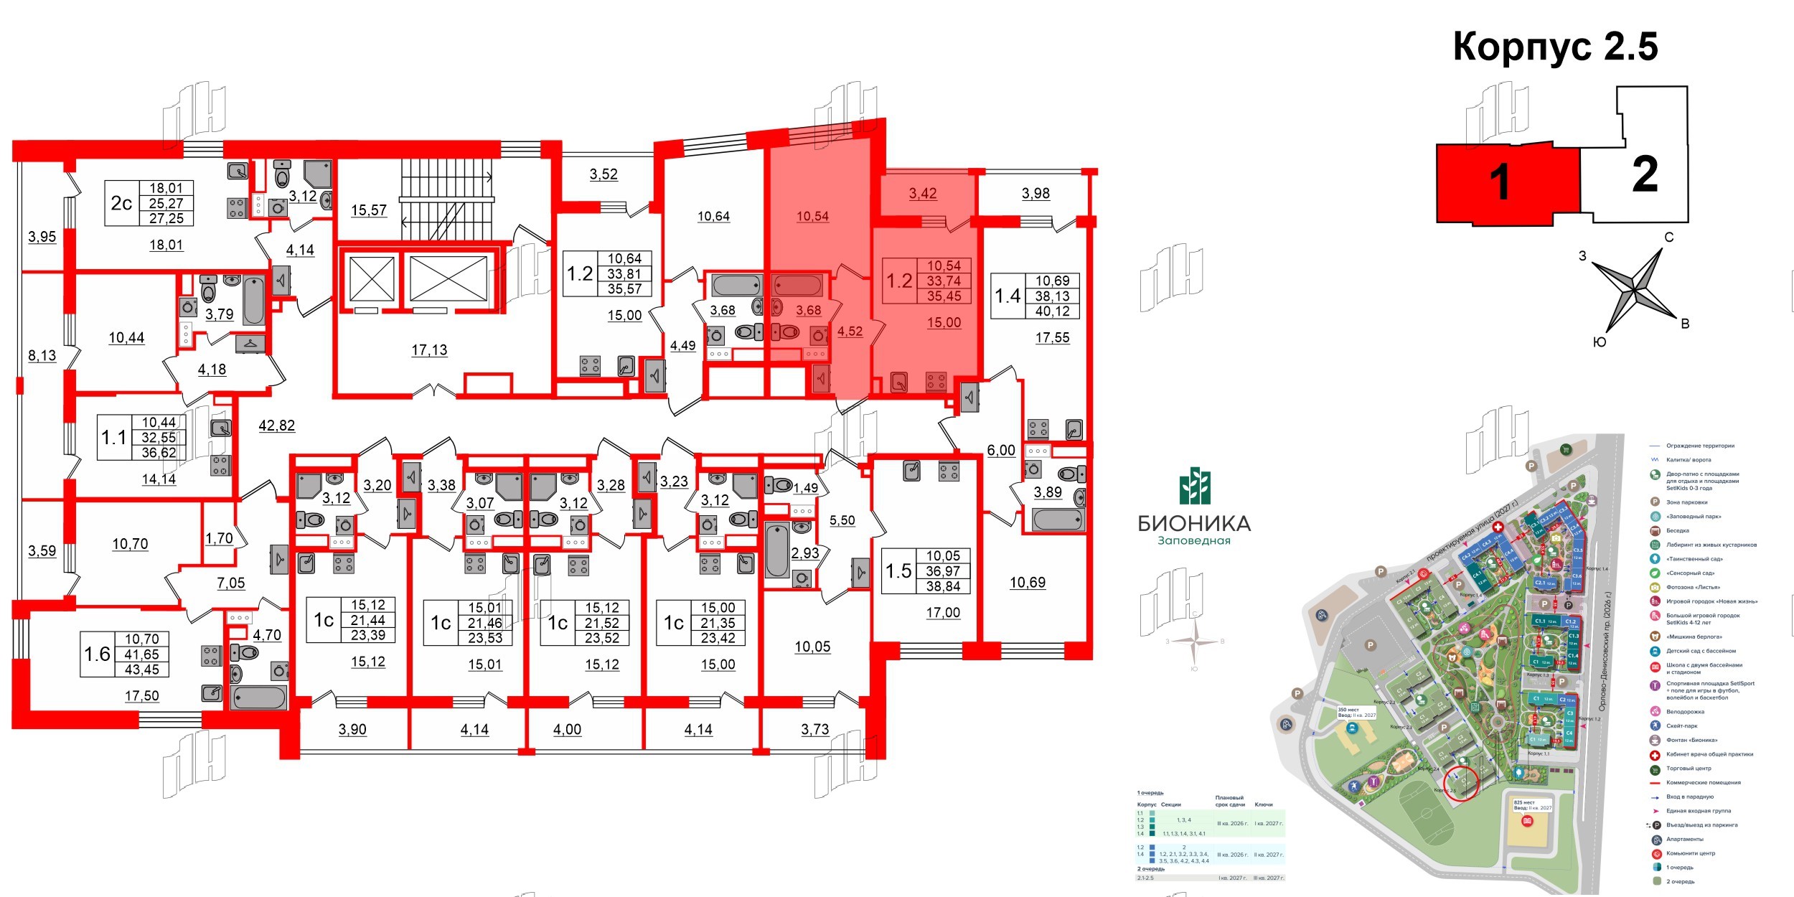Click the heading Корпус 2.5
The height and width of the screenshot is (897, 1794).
1555,47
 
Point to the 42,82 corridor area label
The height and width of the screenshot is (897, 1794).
276,426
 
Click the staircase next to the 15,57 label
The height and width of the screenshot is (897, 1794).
446,199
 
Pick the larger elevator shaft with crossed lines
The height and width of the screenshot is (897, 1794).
448,278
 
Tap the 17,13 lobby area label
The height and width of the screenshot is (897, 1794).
429,350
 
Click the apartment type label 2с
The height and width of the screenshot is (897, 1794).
121,203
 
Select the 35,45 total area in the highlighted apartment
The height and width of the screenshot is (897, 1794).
944,296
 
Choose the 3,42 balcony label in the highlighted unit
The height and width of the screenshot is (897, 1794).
923,193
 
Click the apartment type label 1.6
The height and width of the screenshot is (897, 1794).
98,654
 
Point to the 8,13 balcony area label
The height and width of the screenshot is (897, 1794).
42,355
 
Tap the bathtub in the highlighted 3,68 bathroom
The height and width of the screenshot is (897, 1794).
798,285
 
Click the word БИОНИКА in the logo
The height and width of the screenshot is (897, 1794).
1194,524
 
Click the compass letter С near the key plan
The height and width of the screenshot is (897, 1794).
1669,238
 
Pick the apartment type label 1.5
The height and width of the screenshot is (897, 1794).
898,571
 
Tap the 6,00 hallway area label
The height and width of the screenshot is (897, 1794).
1001,451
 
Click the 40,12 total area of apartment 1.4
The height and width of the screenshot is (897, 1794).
1052,311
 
